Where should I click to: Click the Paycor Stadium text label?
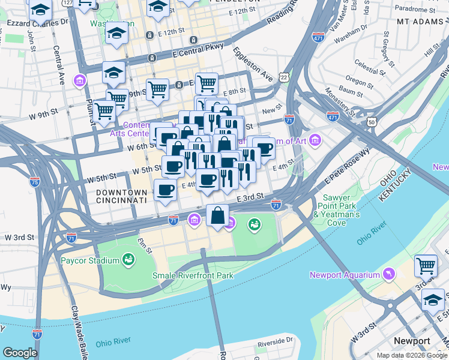(90, 260)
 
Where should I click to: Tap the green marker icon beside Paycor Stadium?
(128, 260)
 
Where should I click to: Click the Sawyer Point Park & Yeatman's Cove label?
(340, 210)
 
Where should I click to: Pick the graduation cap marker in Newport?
(432, 299)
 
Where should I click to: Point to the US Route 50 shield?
(372, 122)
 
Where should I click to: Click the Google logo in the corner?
(20, 353)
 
